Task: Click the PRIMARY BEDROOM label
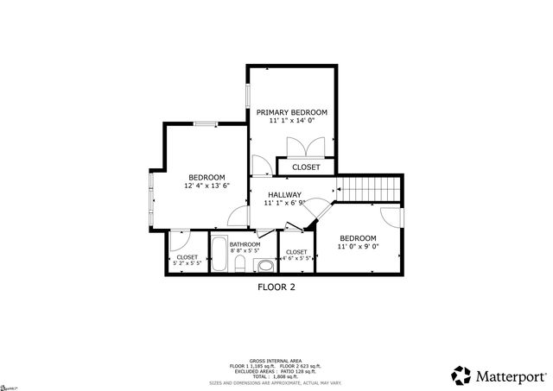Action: pyautogui.click(x=291, y=113)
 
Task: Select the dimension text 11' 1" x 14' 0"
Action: pyautogui.click(x=291, y=123)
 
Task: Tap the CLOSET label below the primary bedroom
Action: pyautogui.click(x=305, y=167)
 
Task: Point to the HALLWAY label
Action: pyautogui.click(x=284, y=194)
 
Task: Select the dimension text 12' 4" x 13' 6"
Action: pyautogui.click(x=207, y=186)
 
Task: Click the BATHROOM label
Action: pyautogui.click(x=245, y=244)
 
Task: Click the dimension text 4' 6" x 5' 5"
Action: pyautogui.click(x=296, y=258)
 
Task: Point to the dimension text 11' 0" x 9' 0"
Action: pyautogui.click(x=358, y=248)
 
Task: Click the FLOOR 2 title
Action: pyautogui.click(x=276, y=287)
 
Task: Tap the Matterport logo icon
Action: pyautogui.click(x=461, y=375)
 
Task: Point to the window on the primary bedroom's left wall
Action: pyautogui.click(x=249, y=98)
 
